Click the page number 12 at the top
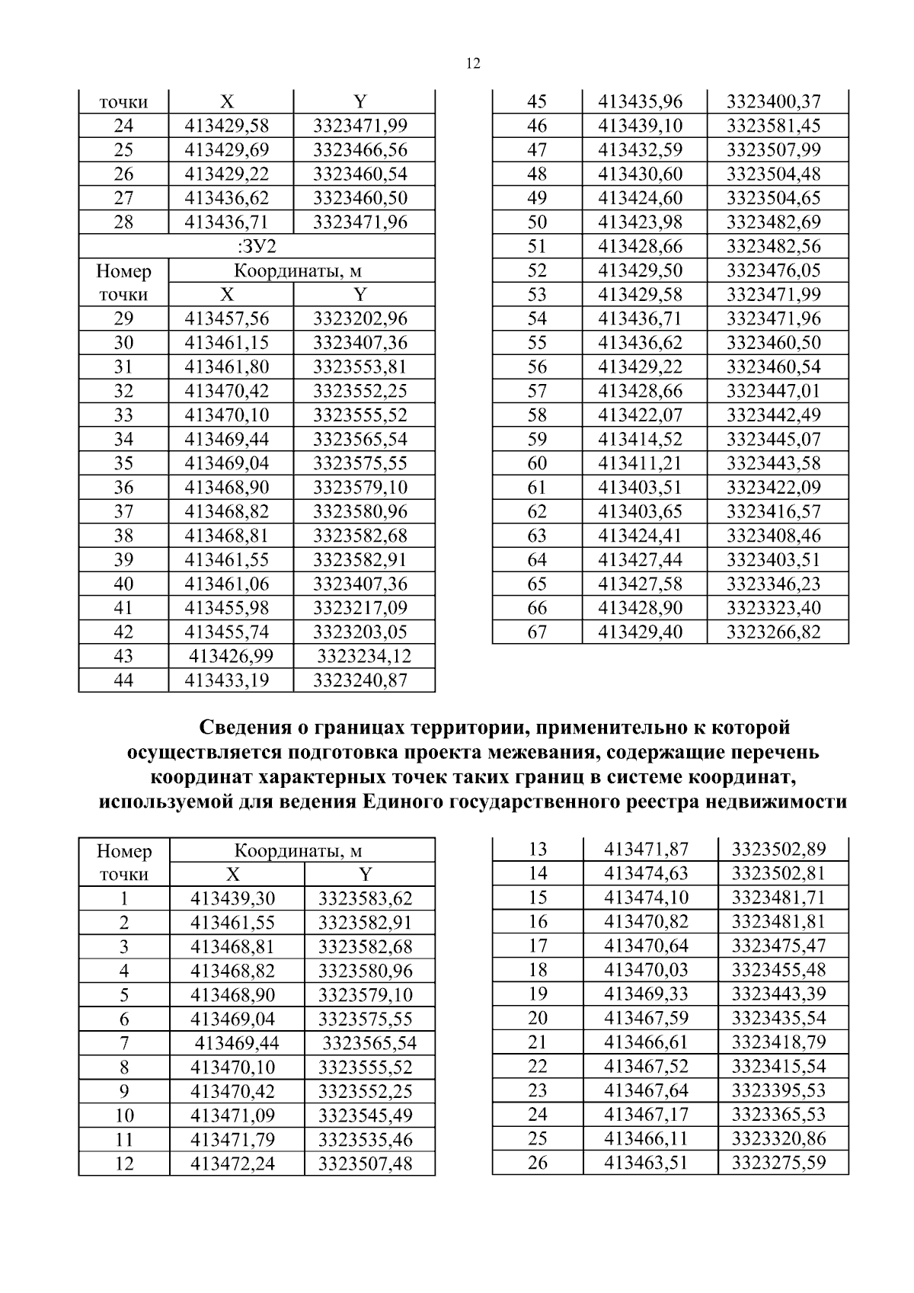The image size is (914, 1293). (x=472, y=64)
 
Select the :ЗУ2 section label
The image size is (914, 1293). (x=257, y=246)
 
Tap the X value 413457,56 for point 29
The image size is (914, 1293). (x=227, y=318)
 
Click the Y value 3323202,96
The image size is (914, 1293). (x=360, y=318)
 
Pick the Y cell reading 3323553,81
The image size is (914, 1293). (x=360, y=366)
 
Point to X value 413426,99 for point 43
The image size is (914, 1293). (x=231, y=656)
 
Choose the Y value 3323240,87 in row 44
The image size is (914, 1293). (x=360, y=680)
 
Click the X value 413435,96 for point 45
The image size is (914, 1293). (x=641, y=101)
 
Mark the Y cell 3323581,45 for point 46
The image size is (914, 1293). (x=774, y=126)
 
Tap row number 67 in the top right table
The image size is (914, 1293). (x=537, y=632)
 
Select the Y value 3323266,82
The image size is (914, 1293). (x=774, y=632)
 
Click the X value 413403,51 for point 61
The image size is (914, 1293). (x=641, y=487)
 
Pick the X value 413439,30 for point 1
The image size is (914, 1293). (x=232, y=898)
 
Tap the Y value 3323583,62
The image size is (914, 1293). (x=366, y=898)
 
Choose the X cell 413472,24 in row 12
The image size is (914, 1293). (x=232, y=1164)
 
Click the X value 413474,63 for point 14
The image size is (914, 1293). (x=646, y=873)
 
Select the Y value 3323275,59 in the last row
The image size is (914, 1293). (x=779, y=1163)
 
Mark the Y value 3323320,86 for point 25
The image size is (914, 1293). (x=779, y=1139)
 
